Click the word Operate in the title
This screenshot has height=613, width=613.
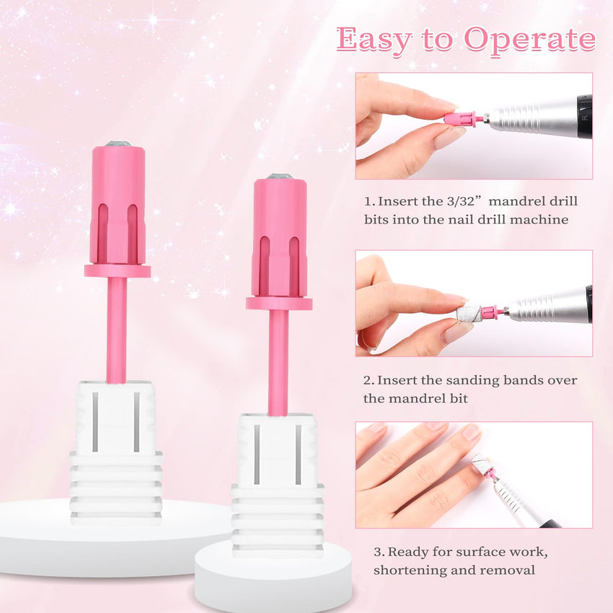coord(529,40)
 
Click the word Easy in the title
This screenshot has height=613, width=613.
coord(374,40)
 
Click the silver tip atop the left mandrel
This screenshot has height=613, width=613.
coord(118,144)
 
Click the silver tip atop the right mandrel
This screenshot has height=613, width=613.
coord(280,176)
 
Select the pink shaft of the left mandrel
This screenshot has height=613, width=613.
coord(117,330)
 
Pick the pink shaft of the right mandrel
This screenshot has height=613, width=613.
coord(278,363)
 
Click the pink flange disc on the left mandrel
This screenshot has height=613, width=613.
coord(118,271)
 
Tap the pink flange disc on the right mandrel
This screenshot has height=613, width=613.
coord(279,304)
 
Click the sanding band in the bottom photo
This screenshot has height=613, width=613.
coord(481,464)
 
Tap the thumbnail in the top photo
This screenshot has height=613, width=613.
coord(449,137)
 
